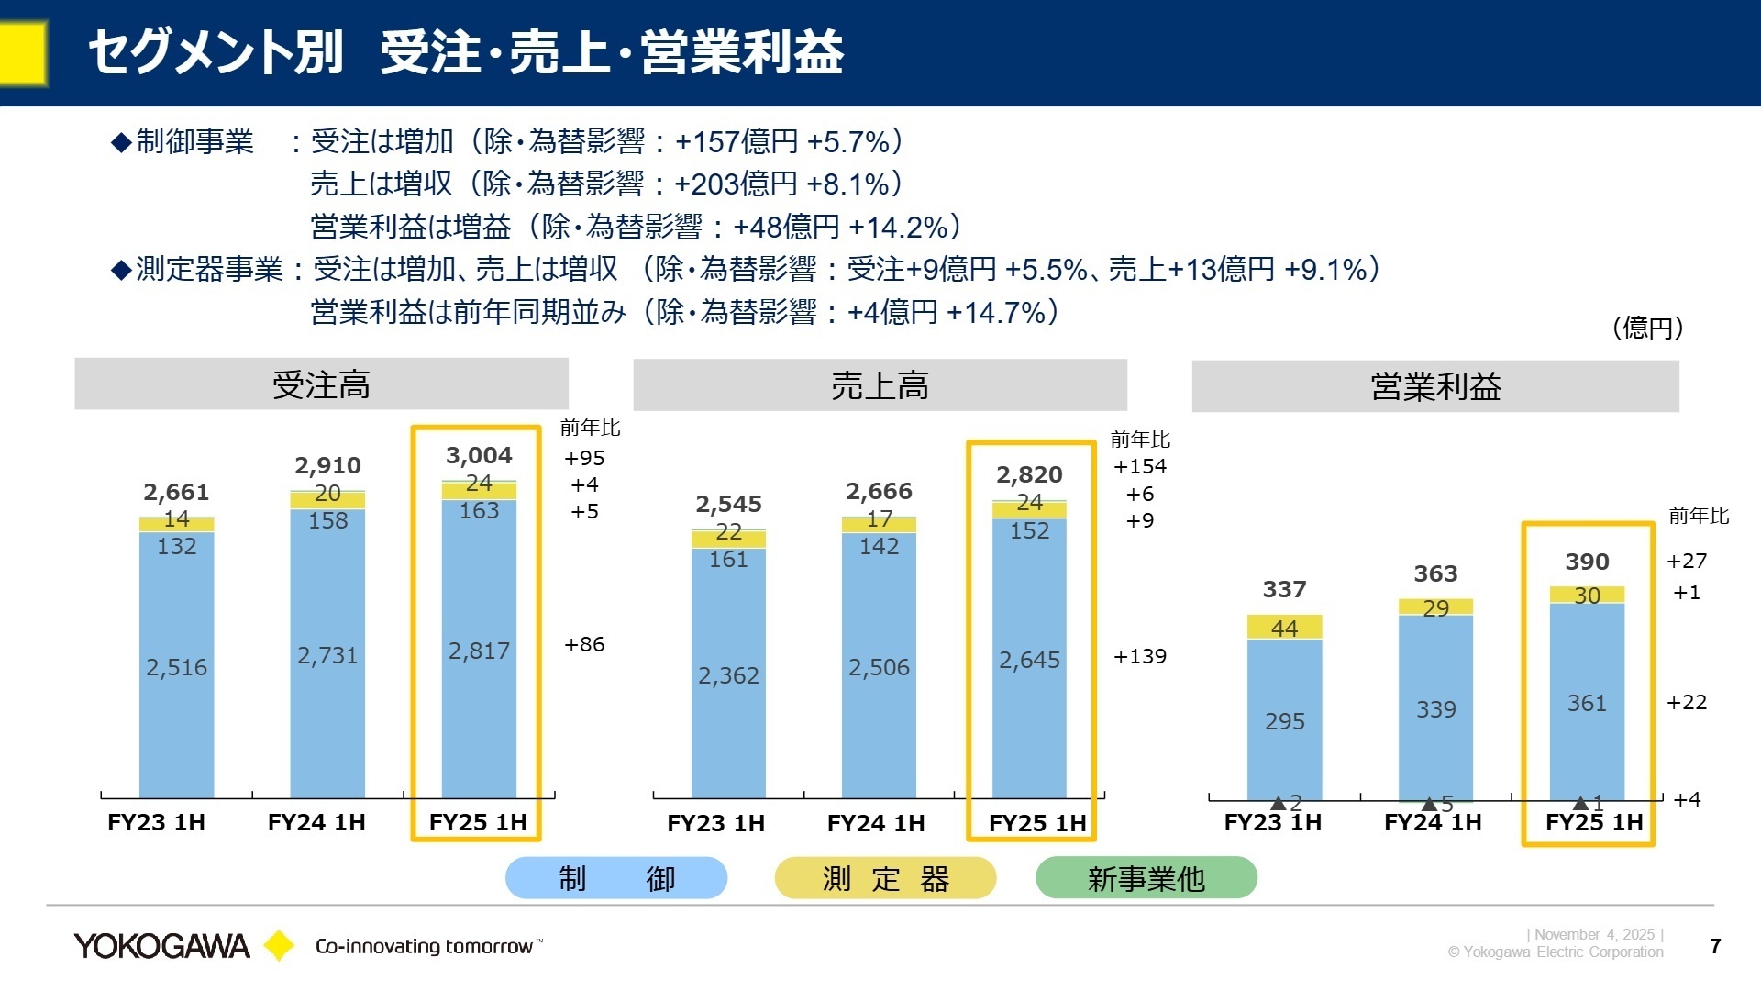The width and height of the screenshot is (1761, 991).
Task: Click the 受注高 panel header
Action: tap(321, 384)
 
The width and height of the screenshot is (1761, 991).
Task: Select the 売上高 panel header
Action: tap(880, 385)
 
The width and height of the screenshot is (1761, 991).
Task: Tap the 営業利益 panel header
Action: tap(1434, 386)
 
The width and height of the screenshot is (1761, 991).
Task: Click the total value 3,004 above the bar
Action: tap(479, 455)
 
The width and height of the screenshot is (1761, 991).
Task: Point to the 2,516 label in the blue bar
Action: tap(176, 667)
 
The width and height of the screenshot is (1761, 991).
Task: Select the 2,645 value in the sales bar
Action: tap(1029, 660)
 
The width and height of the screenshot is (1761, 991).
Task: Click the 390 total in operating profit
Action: tap(1587, 562)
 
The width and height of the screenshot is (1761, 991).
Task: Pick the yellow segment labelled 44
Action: tap(1284, 629)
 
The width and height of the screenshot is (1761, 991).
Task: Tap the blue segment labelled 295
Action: tap(1284, 721)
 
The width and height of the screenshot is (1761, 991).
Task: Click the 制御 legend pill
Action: tap(616, 878)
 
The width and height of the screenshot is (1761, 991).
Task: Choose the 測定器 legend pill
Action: tap(885, 878)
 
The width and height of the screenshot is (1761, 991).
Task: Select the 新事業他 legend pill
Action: tap(1146, 878)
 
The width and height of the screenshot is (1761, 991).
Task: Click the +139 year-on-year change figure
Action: tap(1140, 656)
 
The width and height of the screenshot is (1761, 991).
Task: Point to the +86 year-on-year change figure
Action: tap(584, 644)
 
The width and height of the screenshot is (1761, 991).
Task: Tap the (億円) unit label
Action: tap(1648, 328)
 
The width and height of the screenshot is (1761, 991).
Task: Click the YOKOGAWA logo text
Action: tap(161, 946)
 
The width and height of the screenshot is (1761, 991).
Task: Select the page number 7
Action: tap(1716, 946)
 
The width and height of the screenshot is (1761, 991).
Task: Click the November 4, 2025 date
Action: tap(1594, 934)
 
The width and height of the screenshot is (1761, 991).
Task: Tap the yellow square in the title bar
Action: tap(22, 53)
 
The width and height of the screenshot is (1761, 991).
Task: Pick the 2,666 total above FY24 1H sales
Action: tap(879, 491)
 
